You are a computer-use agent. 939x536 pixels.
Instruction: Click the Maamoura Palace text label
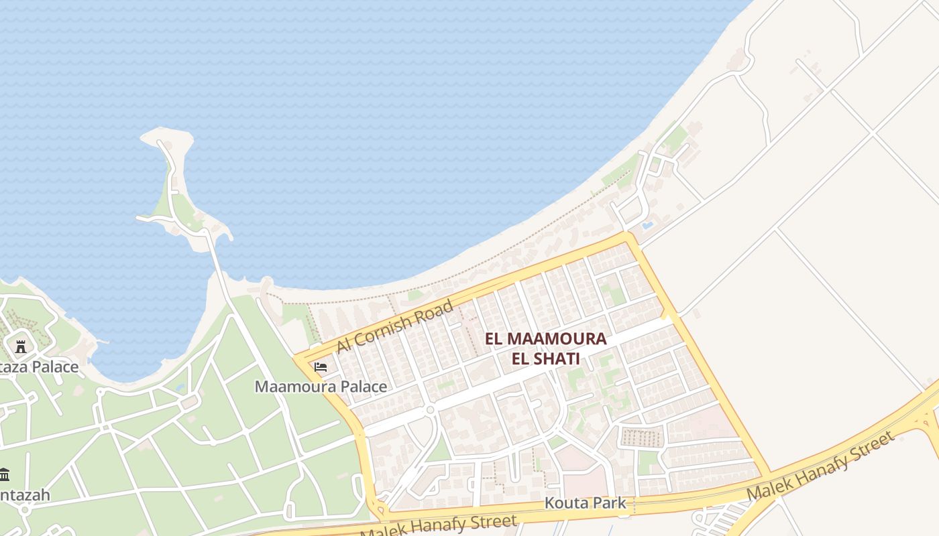click(321, 387)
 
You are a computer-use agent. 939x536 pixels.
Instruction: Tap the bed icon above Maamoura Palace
click(321, 367)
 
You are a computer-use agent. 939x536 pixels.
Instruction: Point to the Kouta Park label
click(585, 503)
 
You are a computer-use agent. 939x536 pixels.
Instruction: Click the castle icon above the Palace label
click(21, 347)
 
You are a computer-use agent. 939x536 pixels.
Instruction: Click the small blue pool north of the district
click(647, 226)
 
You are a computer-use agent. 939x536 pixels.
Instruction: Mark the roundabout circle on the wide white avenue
click(430, 409)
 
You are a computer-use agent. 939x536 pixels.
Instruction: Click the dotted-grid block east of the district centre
click(642, 438)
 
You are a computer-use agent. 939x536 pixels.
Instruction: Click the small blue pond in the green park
click(179, 387)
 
